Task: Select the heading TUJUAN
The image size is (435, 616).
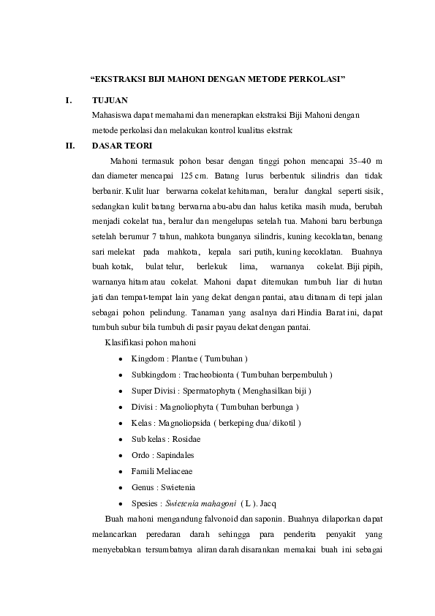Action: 110,100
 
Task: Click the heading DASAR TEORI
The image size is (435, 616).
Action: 121,145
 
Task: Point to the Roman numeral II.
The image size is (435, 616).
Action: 70,145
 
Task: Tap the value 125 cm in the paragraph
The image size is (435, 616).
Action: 192,176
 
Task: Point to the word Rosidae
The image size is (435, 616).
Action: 187,439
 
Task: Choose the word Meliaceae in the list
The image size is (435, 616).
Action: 176,471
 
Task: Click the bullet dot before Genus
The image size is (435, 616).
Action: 119,488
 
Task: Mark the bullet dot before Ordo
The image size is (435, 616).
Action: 119,456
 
